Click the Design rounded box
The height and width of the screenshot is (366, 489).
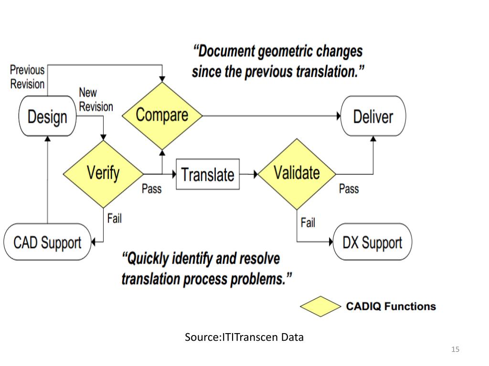point(47,116)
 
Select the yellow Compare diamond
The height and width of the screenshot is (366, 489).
point(162,115)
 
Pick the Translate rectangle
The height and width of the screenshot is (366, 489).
point(208,174)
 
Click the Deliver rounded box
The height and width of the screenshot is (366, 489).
point(373,116)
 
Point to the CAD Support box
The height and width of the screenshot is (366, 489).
point(47,243)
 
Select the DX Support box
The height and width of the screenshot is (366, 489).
point(372,243)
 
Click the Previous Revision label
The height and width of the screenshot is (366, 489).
point(27,77)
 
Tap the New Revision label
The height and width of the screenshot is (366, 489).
point(96,99)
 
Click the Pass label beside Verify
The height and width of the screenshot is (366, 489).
point(151,189)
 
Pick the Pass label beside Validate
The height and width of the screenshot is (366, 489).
point(349,189)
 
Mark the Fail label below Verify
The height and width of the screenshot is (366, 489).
point(114,219)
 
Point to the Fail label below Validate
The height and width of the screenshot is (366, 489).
point(308,223)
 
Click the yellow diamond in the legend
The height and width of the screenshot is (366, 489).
point(319,306)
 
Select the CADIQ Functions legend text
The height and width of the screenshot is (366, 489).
point(391,306)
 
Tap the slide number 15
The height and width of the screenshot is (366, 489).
point(455,350)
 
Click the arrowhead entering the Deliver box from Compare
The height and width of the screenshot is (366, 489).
point(338,116)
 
